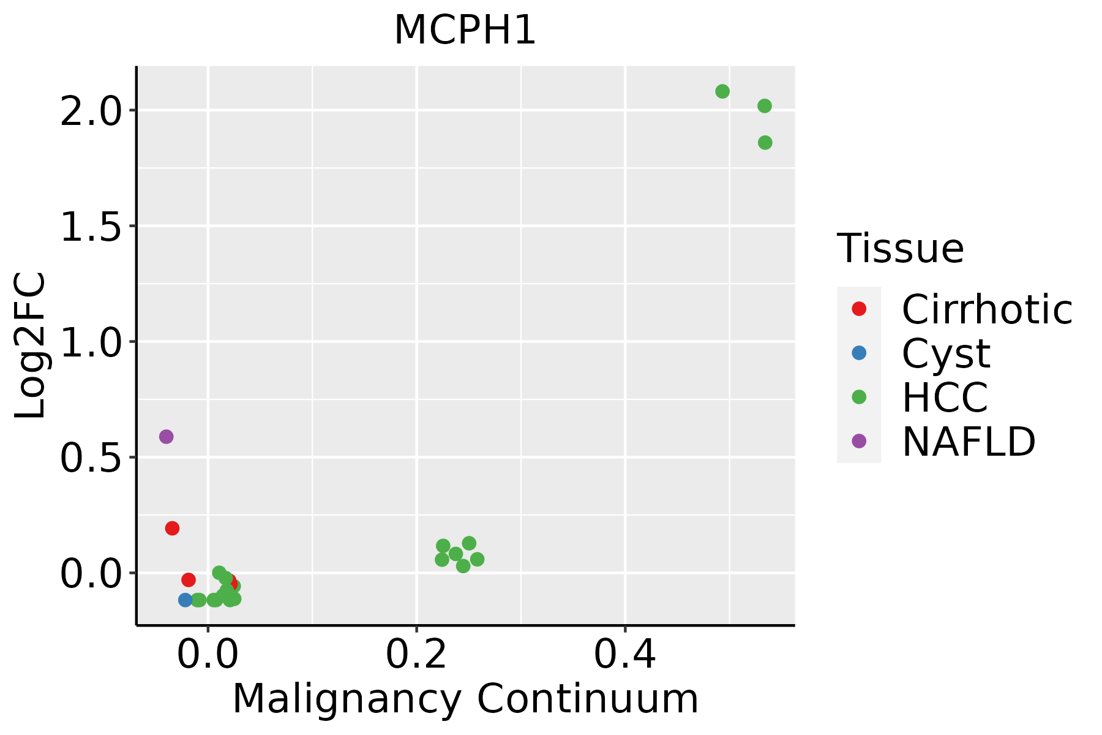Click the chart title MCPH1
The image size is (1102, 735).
[x=465, y=31]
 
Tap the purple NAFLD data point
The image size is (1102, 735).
[x=166, y=437]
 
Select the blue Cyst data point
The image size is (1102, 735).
[x=186, y=600]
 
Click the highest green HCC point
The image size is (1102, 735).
[x=722, y=91]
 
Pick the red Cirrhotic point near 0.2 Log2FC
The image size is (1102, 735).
[x=172, y=528]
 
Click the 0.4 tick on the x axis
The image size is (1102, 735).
[x=625, y=655]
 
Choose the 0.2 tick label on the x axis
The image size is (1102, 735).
[x=416, y=655]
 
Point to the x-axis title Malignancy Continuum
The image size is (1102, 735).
[x=465, y=699]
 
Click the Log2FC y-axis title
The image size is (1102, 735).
[x=31, y=345]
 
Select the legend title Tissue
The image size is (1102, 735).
[x=900, y=249]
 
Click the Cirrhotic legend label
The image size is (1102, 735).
[x=986, y=309]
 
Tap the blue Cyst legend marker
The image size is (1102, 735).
[x=859, y=353]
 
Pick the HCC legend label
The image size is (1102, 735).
[x=945, y=397]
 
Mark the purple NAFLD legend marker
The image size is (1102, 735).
[x=859, y=440]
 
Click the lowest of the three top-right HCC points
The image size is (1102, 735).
[x=765, y=143]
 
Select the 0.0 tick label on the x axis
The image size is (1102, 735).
[x=208, y=655]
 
